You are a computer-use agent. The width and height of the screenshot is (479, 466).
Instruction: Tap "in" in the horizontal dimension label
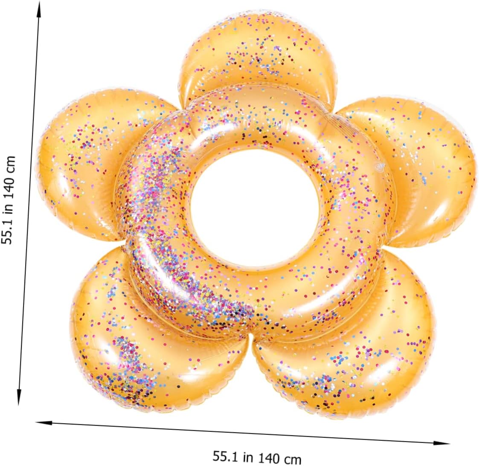pos(248,457)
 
